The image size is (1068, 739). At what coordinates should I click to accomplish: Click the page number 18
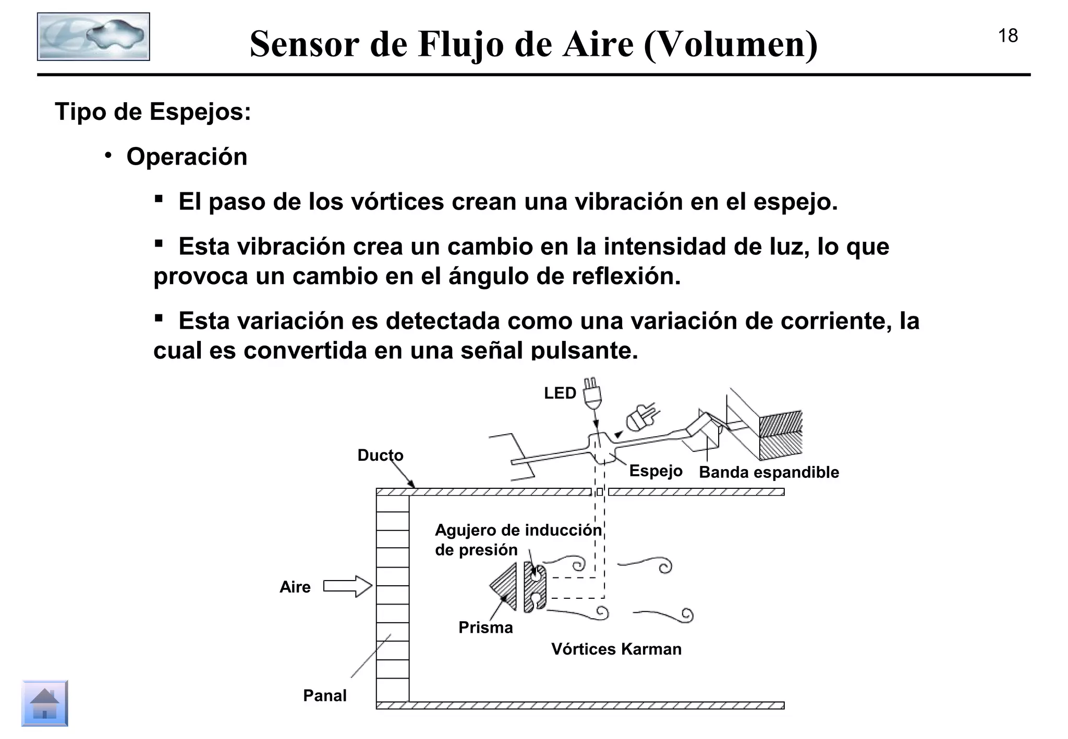point(1008,36)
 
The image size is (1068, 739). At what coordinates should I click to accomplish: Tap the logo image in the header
point(93,36)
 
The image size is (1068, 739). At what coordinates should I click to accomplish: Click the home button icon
point(45,703)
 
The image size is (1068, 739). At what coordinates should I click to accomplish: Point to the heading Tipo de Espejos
point(153,112)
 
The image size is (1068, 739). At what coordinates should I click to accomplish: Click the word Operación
point(187,157)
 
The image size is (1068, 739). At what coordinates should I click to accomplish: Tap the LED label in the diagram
point(560,393)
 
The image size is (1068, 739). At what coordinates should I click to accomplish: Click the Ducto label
point(380,455)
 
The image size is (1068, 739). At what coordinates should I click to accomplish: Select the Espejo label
point(656,471)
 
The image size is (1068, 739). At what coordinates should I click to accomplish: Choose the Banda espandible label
point(769,472)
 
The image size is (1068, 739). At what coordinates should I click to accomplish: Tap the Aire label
point(295,587)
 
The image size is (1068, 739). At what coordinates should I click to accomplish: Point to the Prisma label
point(486,627)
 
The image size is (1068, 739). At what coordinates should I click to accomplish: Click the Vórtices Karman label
point(616,649)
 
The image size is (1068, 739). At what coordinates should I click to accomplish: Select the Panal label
point(324,695)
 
